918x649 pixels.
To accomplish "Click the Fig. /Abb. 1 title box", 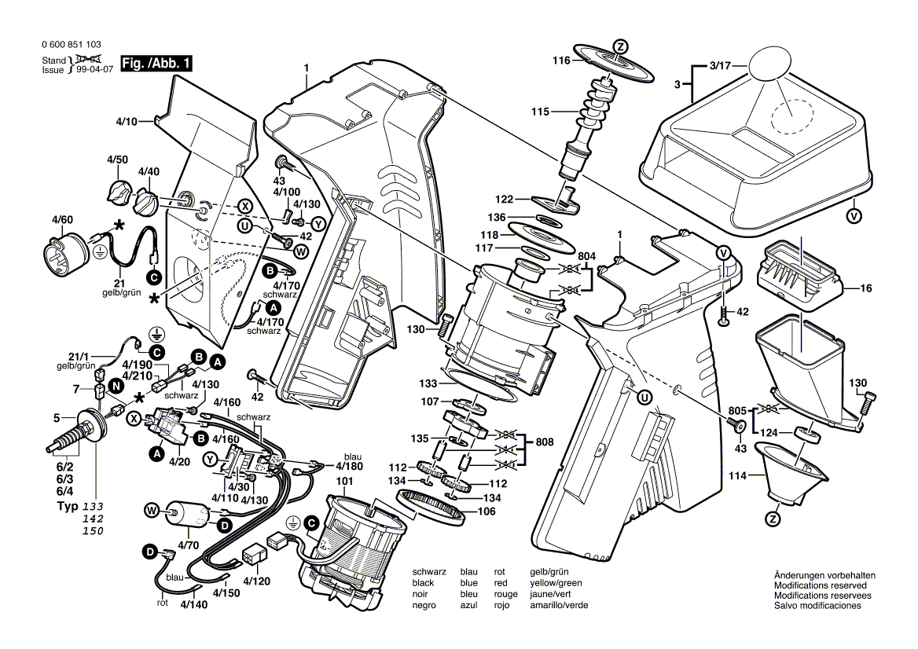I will tap(156, 62).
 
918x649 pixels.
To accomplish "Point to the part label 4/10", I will tap(127, 121).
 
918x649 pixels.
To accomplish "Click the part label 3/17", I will tap(718, 66).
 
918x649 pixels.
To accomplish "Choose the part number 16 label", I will tap(865, 289).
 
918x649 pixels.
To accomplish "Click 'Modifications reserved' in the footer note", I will tap(821, 586).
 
